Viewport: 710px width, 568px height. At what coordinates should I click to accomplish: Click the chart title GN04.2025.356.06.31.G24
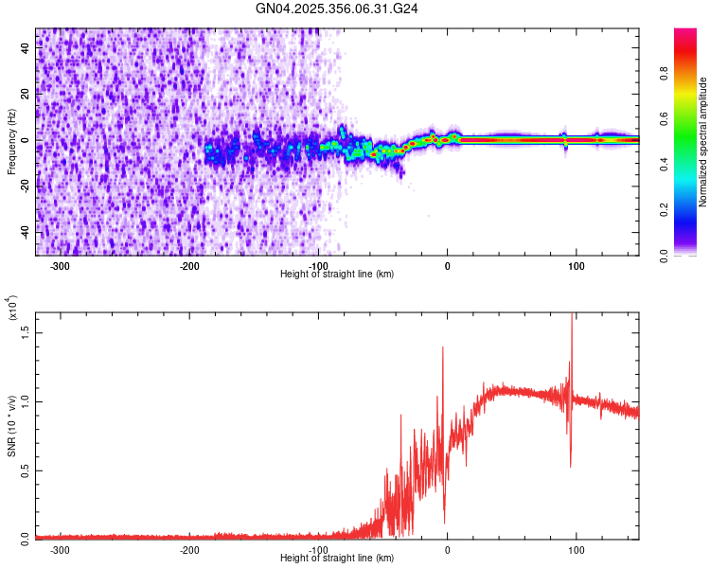pyautogui.click(x=337, y=9)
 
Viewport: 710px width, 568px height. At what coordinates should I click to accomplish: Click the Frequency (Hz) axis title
pyautogui.click(x=11, y=142)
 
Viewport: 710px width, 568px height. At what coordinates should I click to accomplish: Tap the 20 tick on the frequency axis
pyautogui.click(x=27, y=95)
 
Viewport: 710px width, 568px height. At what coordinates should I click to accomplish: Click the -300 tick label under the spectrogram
pyautogui.click(x=59, y=266)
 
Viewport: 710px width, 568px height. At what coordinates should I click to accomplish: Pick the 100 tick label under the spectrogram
pyautogui.click(x=576, y=266)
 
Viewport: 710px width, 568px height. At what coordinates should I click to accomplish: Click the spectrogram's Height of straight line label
pyautogui.click(x=337, y=275)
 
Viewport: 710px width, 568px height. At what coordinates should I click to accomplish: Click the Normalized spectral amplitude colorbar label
pyautogui.click(x=702, y=142)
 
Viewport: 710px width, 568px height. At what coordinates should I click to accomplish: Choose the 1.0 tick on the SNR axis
pyautogui.click(x=27, y=402)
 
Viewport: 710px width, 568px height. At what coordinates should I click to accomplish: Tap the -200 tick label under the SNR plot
pyautogui.click(x=188, y=550)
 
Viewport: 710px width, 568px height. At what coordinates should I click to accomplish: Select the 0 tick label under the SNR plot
pyautogui.click(x=448, y=550)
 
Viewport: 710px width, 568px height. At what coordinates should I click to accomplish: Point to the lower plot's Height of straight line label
pyautogui.click(x=337, y=559)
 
